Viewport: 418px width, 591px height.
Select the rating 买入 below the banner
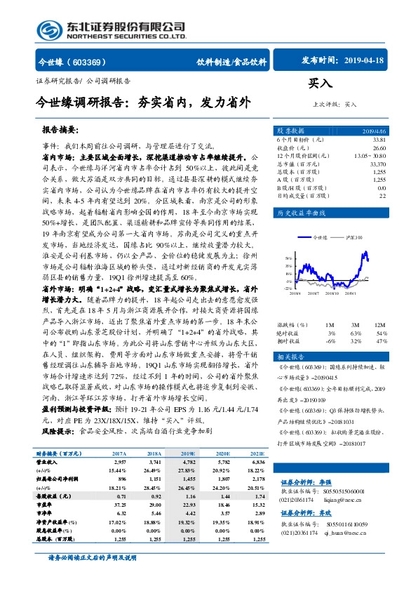(x=320, y=84)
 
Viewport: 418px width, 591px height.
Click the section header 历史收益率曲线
(x=301, y=212)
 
